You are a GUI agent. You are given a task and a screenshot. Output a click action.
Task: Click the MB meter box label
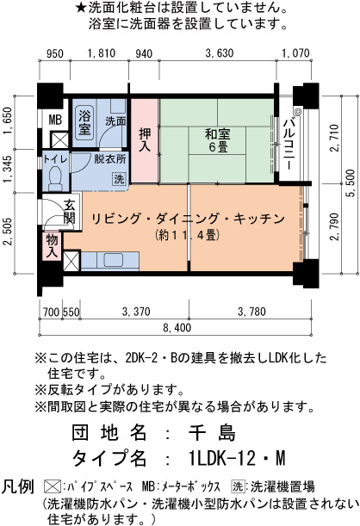(x=56, y=120)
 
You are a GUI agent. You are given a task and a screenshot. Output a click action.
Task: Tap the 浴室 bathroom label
(x=84, y=123)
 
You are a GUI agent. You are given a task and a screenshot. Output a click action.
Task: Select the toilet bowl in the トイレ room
(x=54, y=178)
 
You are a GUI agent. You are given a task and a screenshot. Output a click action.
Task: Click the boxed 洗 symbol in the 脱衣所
(x=119, y=178)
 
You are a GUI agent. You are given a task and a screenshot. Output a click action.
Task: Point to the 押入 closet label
(x=145, y=139)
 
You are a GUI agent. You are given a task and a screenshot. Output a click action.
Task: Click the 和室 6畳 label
(x=217, y=140)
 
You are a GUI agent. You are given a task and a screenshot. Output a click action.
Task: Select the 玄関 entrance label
(x=70, y=212)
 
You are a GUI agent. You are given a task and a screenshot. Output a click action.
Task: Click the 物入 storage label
(x=52, y=246)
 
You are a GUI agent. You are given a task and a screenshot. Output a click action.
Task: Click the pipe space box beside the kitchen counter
(x=71, y=261)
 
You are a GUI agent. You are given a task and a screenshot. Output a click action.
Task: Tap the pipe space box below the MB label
(x=59, y=139)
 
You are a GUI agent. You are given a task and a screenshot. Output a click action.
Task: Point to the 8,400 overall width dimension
(x=177, y=327)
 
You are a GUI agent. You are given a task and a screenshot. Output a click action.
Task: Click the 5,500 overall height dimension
(x=351, y=183)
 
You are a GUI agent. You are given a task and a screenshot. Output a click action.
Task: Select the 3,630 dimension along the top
(x=220, y=53)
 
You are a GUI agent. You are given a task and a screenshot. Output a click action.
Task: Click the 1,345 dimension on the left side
(x=9, y=170)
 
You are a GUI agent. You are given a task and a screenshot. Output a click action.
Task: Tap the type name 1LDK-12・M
(x=237, y=458)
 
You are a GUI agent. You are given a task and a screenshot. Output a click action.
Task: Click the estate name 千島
(x=212, y=432)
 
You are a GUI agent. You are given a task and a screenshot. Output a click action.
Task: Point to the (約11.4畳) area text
(x=188, y=236)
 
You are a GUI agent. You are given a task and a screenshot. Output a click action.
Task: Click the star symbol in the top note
(x=82, y=8)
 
